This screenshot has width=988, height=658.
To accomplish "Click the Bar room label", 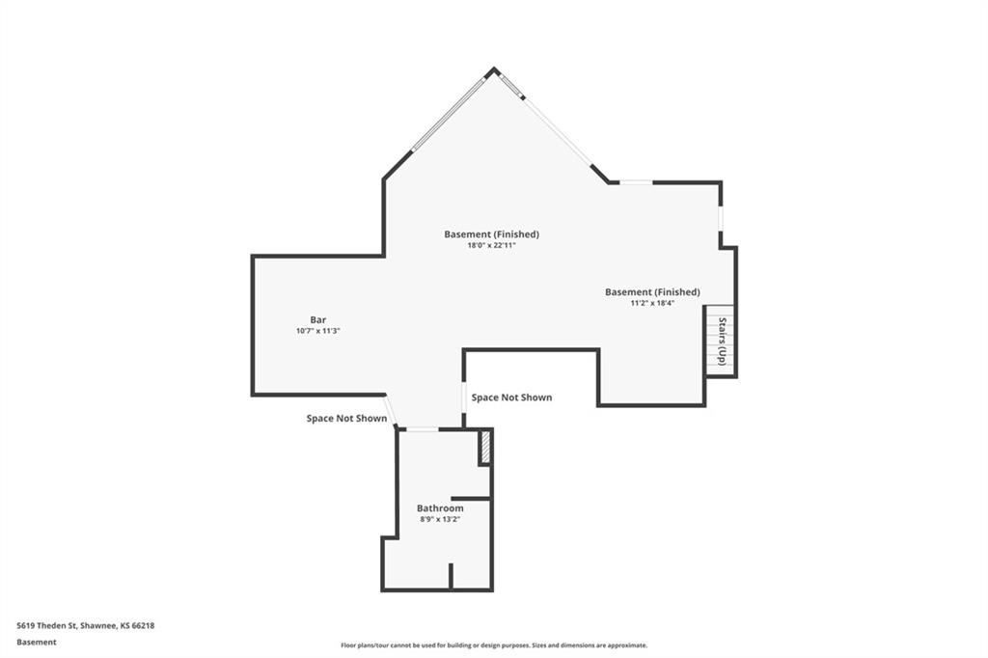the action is pyautogui.click(x=318, y=320).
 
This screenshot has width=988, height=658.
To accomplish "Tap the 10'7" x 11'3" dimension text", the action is pyautogui.click(x=318, y=331).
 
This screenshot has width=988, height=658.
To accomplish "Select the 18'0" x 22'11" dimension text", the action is pyautogui.click(x=491, y=245).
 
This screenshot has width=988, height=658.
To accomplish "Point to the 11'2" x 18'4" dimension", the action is pyautogui.click(x=653, y=303).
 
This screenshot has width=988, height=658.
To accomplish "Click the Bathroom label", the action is pyautogui.click(x=440, y=508).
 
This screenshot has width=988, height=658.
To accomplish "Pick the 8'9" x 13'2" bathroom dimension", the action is pyautogui.click(x=440, y=519).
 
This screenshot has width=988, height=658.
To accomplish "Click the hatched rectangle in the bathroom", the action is pyautogui.click(x=486, y=447).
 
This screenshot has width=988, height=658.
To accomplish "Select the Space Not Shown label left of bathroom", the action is pyautogui.click(x=346, y=419).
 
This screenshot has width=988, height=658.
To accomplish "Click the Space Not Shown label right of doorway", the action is pyautogui.click(x=511, y=398).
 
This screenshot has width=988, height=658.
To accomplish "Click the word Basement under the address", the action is pyautogui.click(x=37, y=643).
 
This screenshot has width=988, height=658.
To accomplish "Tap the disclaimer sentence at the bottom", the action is pyautogui.click(x=494, y=645).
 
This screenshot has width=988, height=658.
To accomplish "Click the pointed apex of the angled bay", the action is pyautogui.click(x=494, y=69).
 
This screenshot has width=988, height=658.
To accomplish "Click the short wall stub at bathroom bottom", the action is pyautogui.click(x=451, y=576).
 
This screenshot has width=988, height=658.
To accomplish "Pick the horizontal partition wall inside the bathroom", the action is pyautogui.click(x=471, y=499).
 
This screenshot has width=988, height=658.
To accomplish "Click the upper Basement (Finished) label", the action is pyautogui.click(x=491, y=234).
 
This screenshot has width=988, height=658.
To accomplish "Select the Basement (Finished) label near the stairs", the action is pyautogui.click(x=653, y=292).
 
